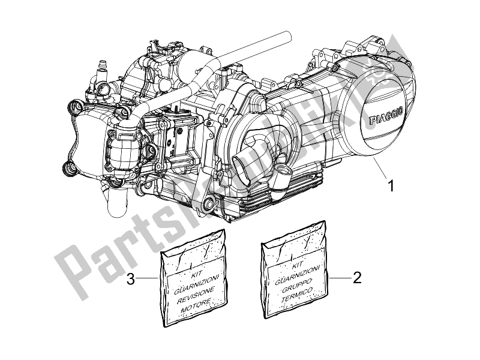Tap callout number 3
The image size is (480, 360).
pos(129,278)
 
